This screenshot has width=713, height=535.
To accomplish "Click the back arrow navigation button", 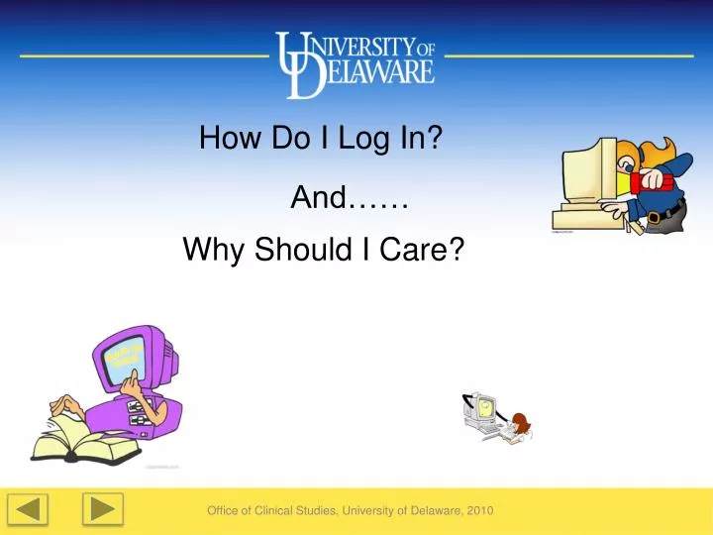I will (x=30, y=510).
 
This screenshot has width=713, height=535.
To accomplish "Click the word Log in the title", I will (x=365, y=138).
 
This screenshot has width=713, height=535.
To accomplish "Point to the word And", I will (x=317, y=199).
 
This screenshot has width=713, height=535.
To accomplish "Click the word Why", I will (x=215, y=252).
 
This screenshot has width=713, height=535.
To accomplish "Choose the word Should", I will (x=300, y=252).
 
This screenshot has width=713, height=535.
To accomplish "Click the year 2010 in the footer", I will (x=478, y=510).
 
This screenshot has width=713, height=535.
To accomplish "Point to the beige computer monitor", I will (x=588, y=168).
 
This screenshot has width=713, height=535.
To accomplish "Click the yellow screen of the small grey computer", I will (x=482, y=405).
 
